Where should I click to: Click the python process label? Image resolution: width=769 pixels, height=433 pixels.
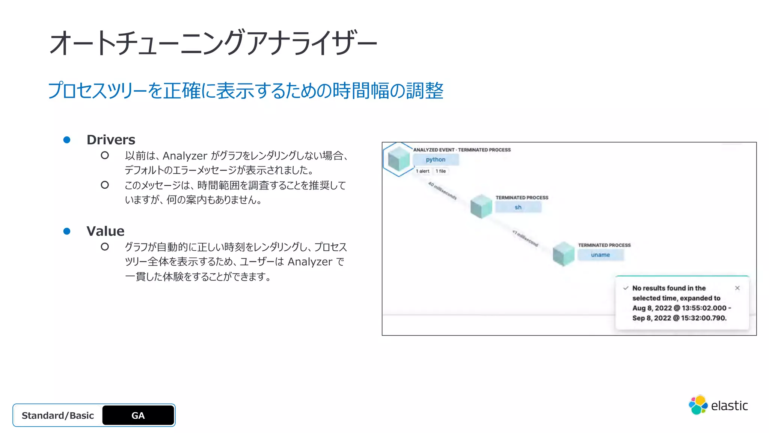click(x=436, y=160)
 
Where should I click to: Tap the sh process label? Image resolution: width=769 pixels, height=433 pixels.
click(x=518, y=207)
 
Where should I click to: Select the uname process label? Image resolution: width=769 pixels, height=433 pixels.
click(x=600, y=255)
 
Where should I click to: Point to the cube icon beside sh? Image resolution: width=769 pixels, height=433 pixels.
click(x=481, y=206)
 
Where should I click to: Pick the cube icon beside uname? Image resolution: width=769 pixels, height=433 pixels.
click(x=564, y=254)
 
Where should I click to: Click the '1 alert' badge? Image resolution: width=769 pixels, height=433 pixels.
click(x=423, y=171)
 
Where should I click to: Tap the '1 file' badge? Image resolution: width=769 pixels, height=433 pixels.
click(x=441, y=171)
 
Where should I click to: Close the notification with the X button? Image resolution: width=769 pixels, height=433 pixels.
click(x=737, y=288)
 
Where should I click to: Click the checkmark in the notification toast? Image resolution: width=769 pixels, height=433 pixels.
click(x=626, y=288)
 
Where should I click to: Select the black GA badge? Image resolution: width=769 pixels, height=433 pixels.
click(x=138, y=415)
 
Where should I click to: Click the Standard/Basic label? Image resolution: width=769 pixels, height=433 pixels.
click(x=58, y=415)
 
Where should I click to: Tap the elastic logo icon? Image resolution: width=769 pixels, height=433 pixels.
click(x=698, y=405)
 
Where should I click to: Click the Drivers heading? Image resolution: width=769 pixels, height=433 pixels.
click(x=111, y=140)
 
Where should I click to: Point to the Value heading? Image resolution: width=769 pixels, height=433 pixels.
click(x=105, y=231)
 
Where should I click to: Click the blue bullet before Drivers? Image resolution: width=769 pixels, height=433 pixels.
click(x=67, y=140)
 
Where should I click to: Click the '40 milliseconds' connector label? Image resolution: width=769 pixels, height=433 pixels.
click(x=442, y=191)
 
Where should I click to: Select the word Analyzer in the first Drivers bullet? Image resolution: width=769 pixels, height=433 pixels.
click(x=185, y=156)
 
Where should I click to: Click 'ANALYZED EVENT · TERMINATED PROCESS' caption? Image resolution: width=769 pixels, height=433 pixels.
click(x=462, y=150)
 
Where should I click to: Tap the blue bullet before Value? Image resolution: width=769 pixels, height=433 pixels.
click(x=67, y=231)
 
